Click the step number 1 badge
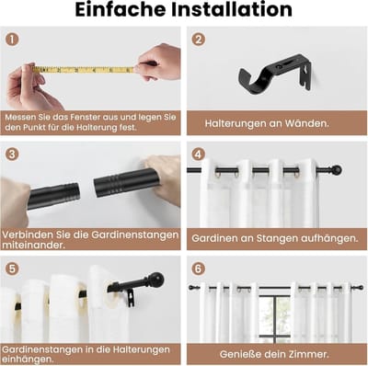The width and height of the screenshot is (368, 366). tap(12, 40)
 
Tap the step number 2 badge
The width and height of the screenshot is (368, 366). tap(199, 40)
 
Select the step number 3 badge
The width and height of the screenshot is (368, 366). tap(12, 154)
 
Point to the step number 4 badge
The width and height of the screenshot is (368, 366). tap(199, 154)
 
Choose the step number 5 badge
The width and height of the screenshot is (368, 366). tap(12, 269)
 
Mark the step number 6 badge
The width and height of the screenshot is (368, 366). tap(199, 269)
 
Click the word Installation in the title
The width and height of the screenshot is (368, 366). tap(232, 10)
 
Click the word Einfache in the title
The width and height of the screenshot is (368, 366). tap(121, 10)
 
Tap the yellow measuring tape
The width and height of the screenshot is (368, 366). tap(84, 70)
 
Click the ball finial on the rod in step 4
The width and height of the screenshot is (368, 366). tap(337, 169)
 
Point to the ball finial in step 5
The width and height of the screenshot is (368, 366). tap(156, 280)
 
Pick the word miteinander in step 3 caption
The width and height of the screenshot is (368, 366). tap(33, 246)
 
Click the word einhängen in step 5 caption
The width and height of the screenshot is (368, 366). tap(28, 360)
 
